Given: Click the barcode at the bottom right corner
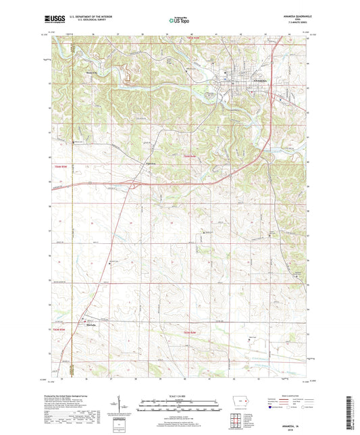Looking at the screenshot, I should [349, 411].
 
